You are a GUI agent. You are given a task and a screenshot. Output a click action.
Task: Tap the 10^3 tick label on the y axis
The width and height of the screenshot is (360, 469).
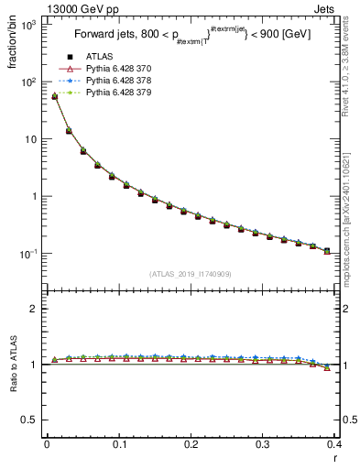tap(28, 25)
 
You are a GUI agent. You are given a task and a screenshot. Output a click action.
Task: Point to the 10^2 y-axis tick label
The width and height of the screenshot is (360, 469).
tap(28, 82)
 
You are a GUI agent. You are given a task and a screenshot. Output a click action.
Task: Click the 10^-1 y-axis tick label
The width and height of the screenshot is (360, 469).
tap(28, 254)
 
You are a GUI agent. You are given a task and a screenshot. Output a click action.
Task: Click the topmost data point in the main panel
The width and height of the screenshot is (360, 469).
tap(54, 96)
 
